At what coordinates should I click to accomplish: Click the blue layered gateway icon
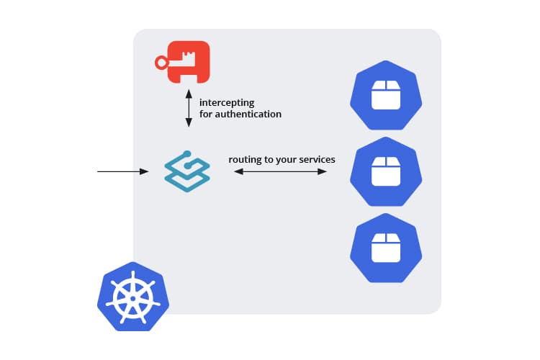[186, 172]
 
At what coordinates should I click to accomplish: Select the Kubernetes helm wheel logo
[133, 297]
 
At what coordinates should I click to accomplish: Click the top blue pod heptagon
[385, 95]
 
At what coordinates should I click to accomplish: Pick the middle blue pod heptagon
[385, 172]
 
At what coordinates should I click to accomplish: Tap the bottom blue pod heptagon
[385, 248]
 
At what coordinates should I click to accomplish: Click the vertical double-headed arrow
[189, 109]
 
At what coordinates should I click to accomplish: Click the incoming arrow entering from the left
[122, 171]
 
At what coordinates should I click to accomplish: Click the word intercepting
[227, 103]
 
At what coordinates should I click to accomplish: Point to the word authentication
[249, 114]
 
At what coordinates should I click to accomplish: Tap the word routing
[245, 159]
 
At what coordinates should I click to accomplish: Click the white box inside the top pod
[385, 95]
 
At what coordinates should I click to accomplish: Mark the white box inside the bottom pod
[385, 248]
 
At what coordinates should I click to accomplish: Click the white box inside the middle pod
[385, 172]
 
